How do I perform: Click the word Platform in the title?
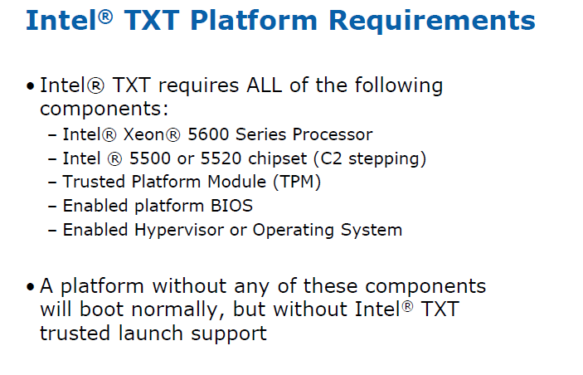pyautogui.click(x=254, y=21)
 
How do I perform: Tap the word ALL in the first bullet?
pyautogui.click(x=264, y=85)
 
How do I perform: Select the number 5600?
pyautogui.click(x=208, y=134)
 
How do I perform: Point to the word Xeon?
pyautogui.click(x=143, y=134)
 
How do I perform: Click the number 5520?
pyautogui.click(x=221, y=158)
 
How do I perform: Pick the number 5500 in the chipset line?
pyautogui.click(x=150, y=158)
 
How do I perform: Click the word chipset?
pyautogui.click(x=277, y=159)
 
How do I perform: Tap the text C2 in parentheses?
pyautogui.click(x=331, y=158)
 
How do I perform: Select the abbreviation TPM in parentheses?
pyautogui.click(x=297, y=182)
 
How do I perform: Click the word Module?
pyautogui.click(x=236, y=182)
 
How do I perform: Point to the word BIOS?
pyautogui.click(x=231, y=206)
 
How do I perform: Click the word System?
pyautogui.click(x=372, y=231)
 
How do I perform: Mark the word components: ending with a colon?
pyautogui.click(x=104, y=109)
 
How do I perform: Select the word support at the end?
pyautogui.click(x=229, y=334)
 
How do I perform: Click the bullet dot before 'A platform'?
pyautogui.click(x=31, y=287)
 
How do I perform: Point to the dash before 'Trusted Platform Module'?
pyautogui.click(x=52, y=183)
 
